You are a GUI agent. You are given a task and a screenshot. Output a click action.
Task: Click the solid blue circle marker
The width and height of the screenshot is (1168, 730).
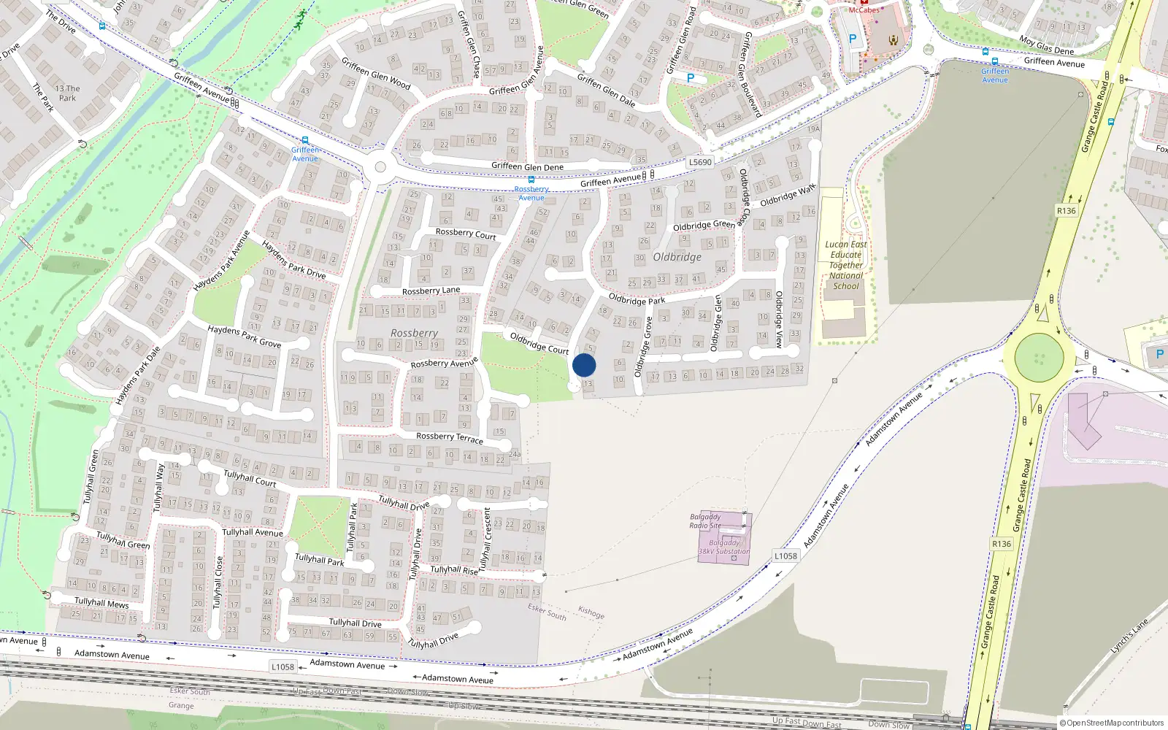(x=584, y=365)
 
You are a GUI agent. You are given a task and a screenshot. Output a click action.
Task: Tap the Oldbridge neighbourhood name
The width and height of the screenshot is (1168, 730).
(x=677, y=257)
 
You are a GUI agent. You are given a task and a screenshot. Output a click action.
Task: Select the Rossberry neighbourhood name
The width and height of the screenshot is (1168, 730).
(x=414, y=333)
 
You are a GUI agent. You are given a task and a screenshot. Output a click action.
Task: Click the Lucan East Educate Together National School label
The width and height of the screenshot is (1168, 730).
(x=846, y=265)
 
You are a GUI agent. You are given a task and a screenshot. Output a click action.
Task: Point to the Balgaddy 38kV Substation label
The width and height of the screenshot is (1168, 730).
(x=724, y=547)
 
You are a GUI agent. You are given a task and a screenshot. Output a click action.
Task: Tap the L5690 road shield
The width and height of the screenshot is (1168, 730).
(x=699, y=162)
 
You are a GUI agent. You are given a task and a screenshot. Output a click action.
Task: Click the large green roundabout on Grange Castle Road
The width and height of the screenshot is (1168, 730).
(x=1039, y=358)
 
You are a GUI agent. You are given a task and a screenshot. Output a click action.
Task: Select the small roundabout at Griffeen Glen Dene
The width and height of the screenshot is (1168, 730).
(x=380, y=167)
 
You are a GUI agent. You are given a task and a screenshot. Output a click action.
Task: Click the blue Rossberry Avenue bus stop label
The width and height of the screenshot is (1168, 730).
(x=531, y=193)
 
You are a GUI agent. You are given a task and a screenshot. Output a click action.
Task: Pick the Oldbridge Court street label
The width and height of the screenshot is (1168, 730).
(x=539, y=343)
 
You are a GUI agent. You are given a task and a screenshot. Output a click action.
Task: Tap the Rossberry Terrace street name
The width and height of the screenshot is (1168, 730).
(x=450, y=437)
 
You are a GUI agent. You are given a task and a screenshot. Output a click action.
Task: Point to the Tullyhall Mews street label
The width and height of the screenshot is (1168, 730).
(x=101, y=603)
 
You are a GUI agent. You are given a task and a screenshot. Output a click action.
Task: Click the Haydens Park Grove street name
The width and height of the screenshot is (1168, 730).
(x=244, y=336)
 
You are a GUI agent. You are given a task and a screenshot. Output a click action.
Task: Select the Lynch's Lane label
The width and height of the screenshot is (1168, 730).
(x=1129, y=636)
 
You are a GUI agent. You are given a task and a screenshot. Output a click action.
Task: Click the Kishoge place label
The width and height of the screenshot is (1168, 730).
(x=591, y=612)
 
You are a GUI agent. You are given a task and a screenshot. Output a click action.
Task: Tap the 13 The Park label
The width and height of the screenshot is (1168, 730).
(x=67, y=93)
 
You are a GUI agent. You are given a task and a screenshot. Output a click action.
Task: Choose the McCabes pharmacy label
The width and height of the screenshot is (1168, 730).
(x=864, y=9)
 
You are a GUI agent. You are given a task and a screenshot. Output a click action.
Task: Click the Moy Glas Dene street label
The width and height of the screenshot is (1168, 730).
(x=1046, y=45)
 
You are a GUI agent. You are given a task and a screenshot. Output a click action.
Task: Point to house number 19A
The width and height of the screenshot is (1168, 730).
(x=813, y=129)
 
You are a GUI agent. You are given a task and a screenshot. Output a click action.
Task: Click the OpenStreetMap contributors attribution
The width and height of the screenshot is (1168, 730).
(x=1112, y=723)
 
